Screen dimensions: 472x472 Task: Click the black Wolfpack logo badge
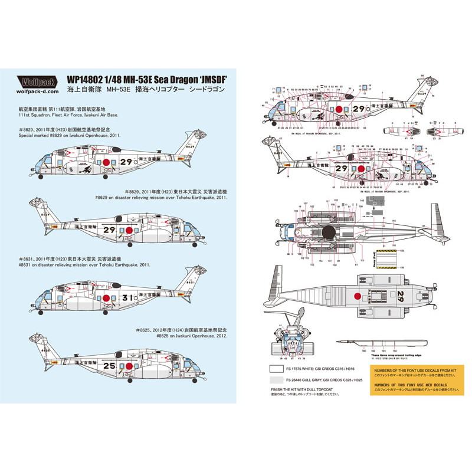[x=38, y=83]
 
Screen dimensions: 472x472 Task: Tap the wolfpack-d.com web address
[x=38, y=92]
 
